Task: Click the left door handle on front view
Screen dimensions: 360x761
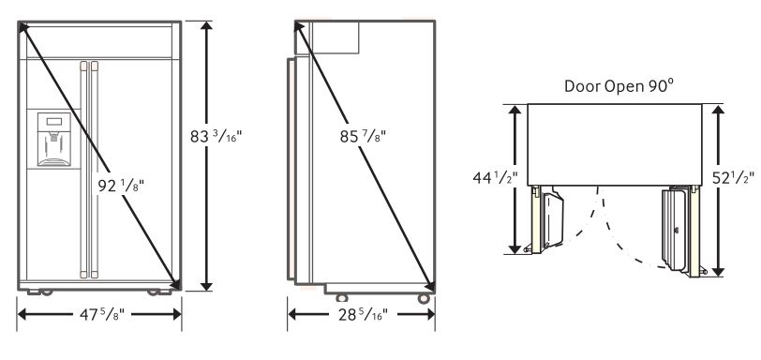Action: pos(83,169)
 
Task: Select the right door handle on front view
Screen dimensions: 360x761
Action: pos(93,169)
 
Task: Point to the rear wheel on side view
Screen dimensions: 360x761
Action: pos(423,297)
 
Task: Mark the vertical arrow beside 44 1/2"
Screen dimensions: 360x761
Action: pos(514,178)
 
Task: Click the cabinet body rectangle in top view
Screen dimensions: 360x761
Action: pos(614,142)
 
